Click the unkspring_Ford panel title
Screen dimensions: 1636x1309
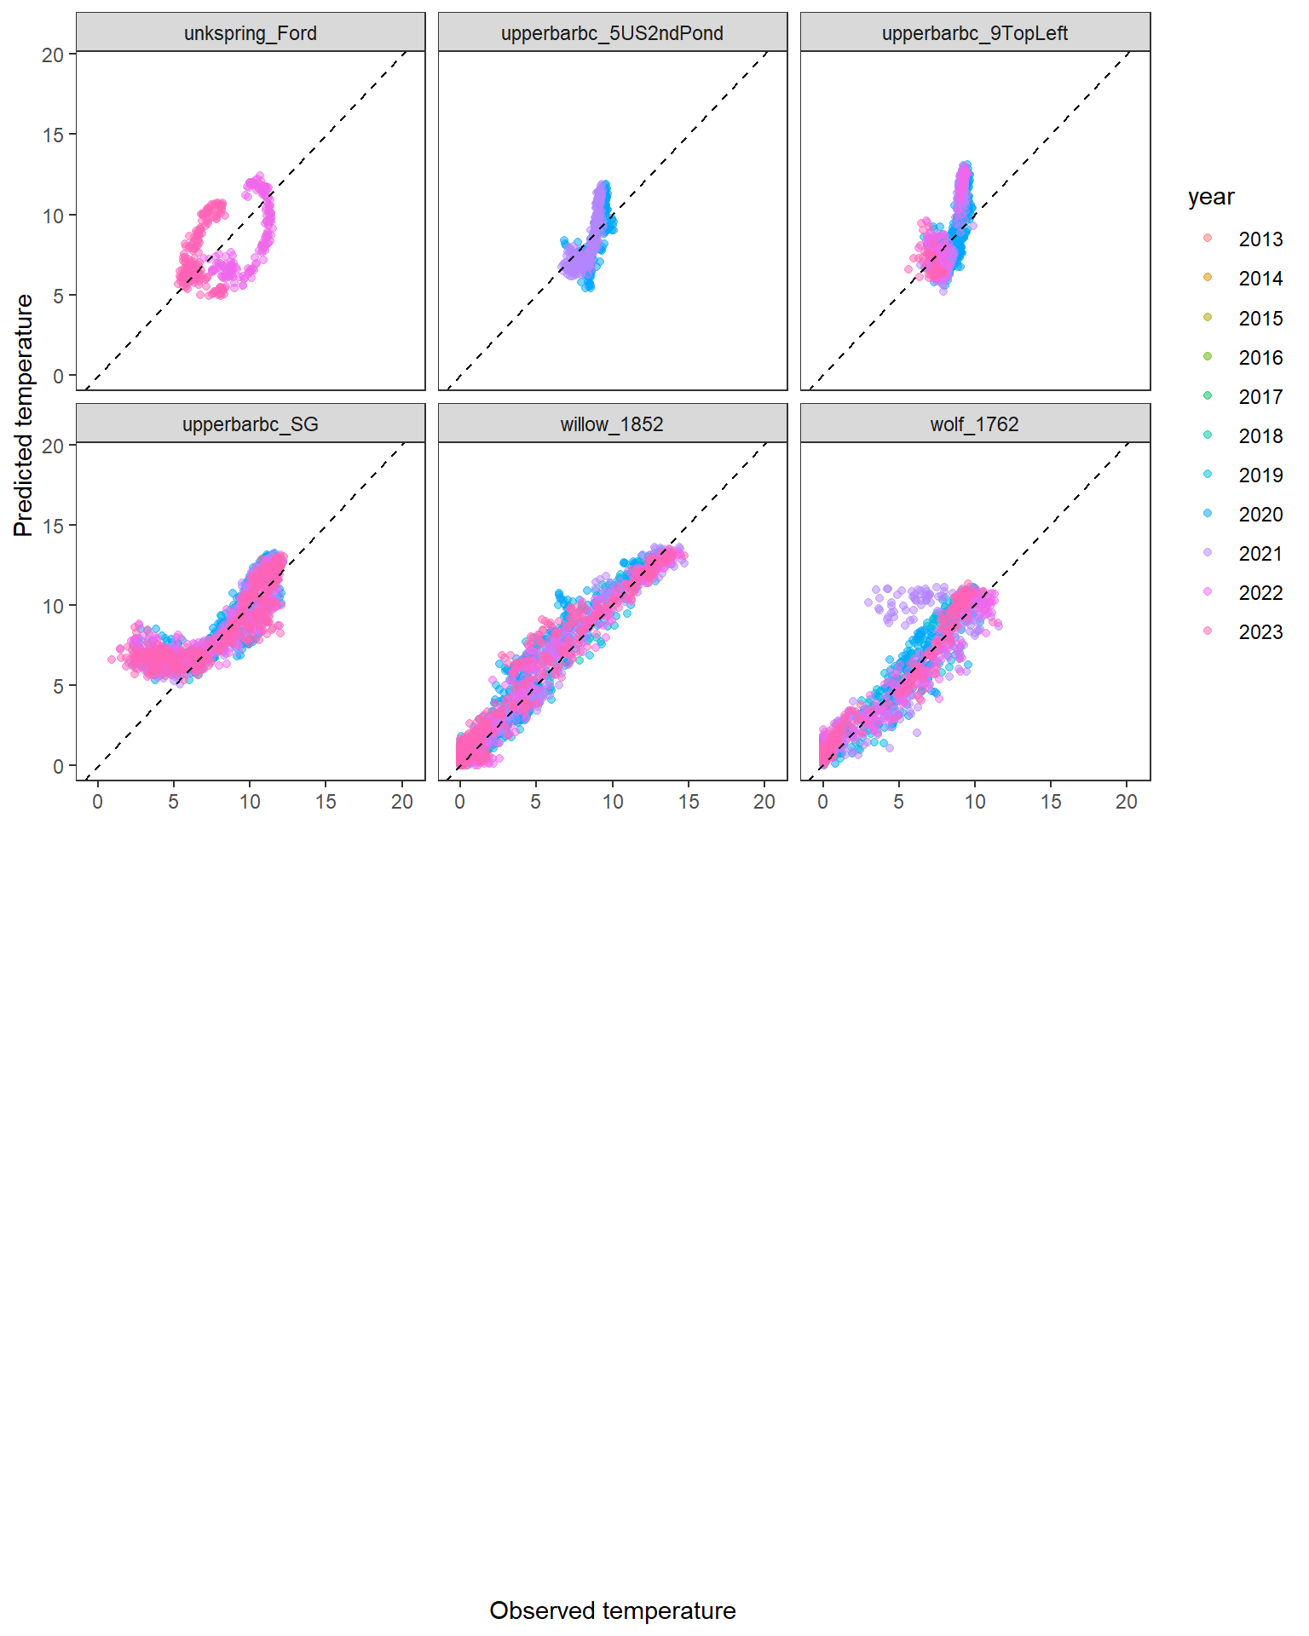point(250,33)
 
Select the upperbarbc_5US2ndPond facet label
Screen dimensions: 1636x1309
point(612,33)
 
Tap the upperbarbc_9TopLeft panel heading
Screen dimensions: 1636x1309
point(974,33)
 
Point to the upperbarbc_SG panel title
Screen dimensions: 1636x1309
point(250,424)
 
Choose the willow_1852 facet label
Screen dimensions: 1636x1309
point(612,424)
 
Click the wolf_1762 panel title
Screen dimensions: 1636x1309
point(974,424)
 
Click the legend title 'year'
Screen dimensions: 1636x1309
point(1210,197)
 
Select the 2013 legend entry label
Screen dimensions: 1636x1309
point(1260,239)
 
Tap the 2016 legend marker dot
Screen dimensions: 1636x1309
point(1208,356)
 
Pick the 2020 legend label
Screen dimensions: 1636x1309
point(1260,515)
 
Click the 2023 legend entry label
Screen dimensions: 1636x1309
point(1260,632)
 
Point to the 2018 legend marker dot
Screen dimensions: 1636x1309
point(1208,435)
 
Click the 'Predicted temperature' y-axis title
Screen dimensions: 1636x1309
point(24,415)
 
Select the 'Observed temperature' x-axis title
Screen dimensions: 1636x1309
point(612,1610)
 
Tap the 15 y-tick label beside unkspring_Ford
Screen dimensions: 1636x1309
point(53,135)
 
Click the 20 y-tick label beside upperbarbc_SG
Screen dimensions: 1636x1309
point(53,446)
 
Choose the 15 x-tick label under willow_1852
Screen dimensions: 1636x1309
point(689,802)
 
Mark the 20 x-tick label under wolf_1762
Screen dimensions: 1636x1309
point(1127,802)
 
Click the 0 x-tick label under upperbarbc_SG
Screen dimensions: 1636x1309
point(97,802)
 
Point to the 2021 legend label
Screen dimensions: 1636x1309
point(1260,554)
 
